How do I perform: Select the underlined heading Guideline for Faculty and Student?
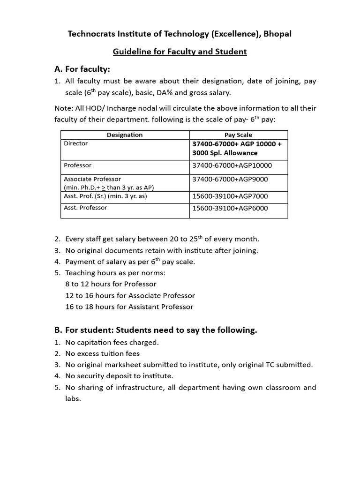point(180,52)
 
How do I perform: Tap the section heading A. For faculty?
point(82,69)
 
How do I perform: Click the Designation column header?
point(125,135)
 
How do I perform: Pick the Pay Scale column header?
point(238,135)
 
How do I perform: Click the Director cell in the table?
point(76,143)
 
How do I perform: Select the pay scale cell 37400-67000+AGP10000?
point(232,165)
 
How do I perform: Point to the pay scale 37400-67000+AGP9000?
point(230,179)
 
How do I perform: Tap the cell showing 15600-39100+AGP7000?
point(230,196)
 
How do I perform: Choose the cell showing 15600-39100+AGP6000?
point(230,208)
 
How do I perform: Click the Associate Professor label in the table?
point(92,179)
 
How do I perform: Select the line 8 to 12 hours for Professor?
point(111,284)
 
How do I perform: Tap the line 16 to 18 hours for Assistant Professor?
point(129,307)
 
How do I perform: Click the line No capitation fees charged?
point(112,342)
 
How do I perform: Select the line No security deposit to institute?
point(119,376)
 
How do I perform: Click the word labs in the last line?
point(73,399)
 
